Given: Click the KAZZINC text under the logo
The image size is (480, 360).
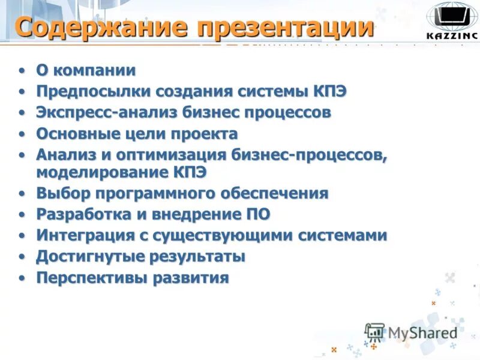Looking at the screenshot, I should pos(452,35).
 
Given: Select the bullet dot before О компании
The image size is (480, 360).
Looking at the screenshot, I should pos(22,71).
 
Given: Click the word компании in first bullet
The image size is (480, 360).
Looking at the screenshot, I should pos(94,70).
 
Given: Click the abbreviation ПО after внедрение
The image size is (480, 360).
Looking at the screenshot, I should pos(258,214).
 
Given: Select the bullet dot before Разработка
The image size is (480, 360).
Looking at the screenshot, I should pos(22,215).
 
